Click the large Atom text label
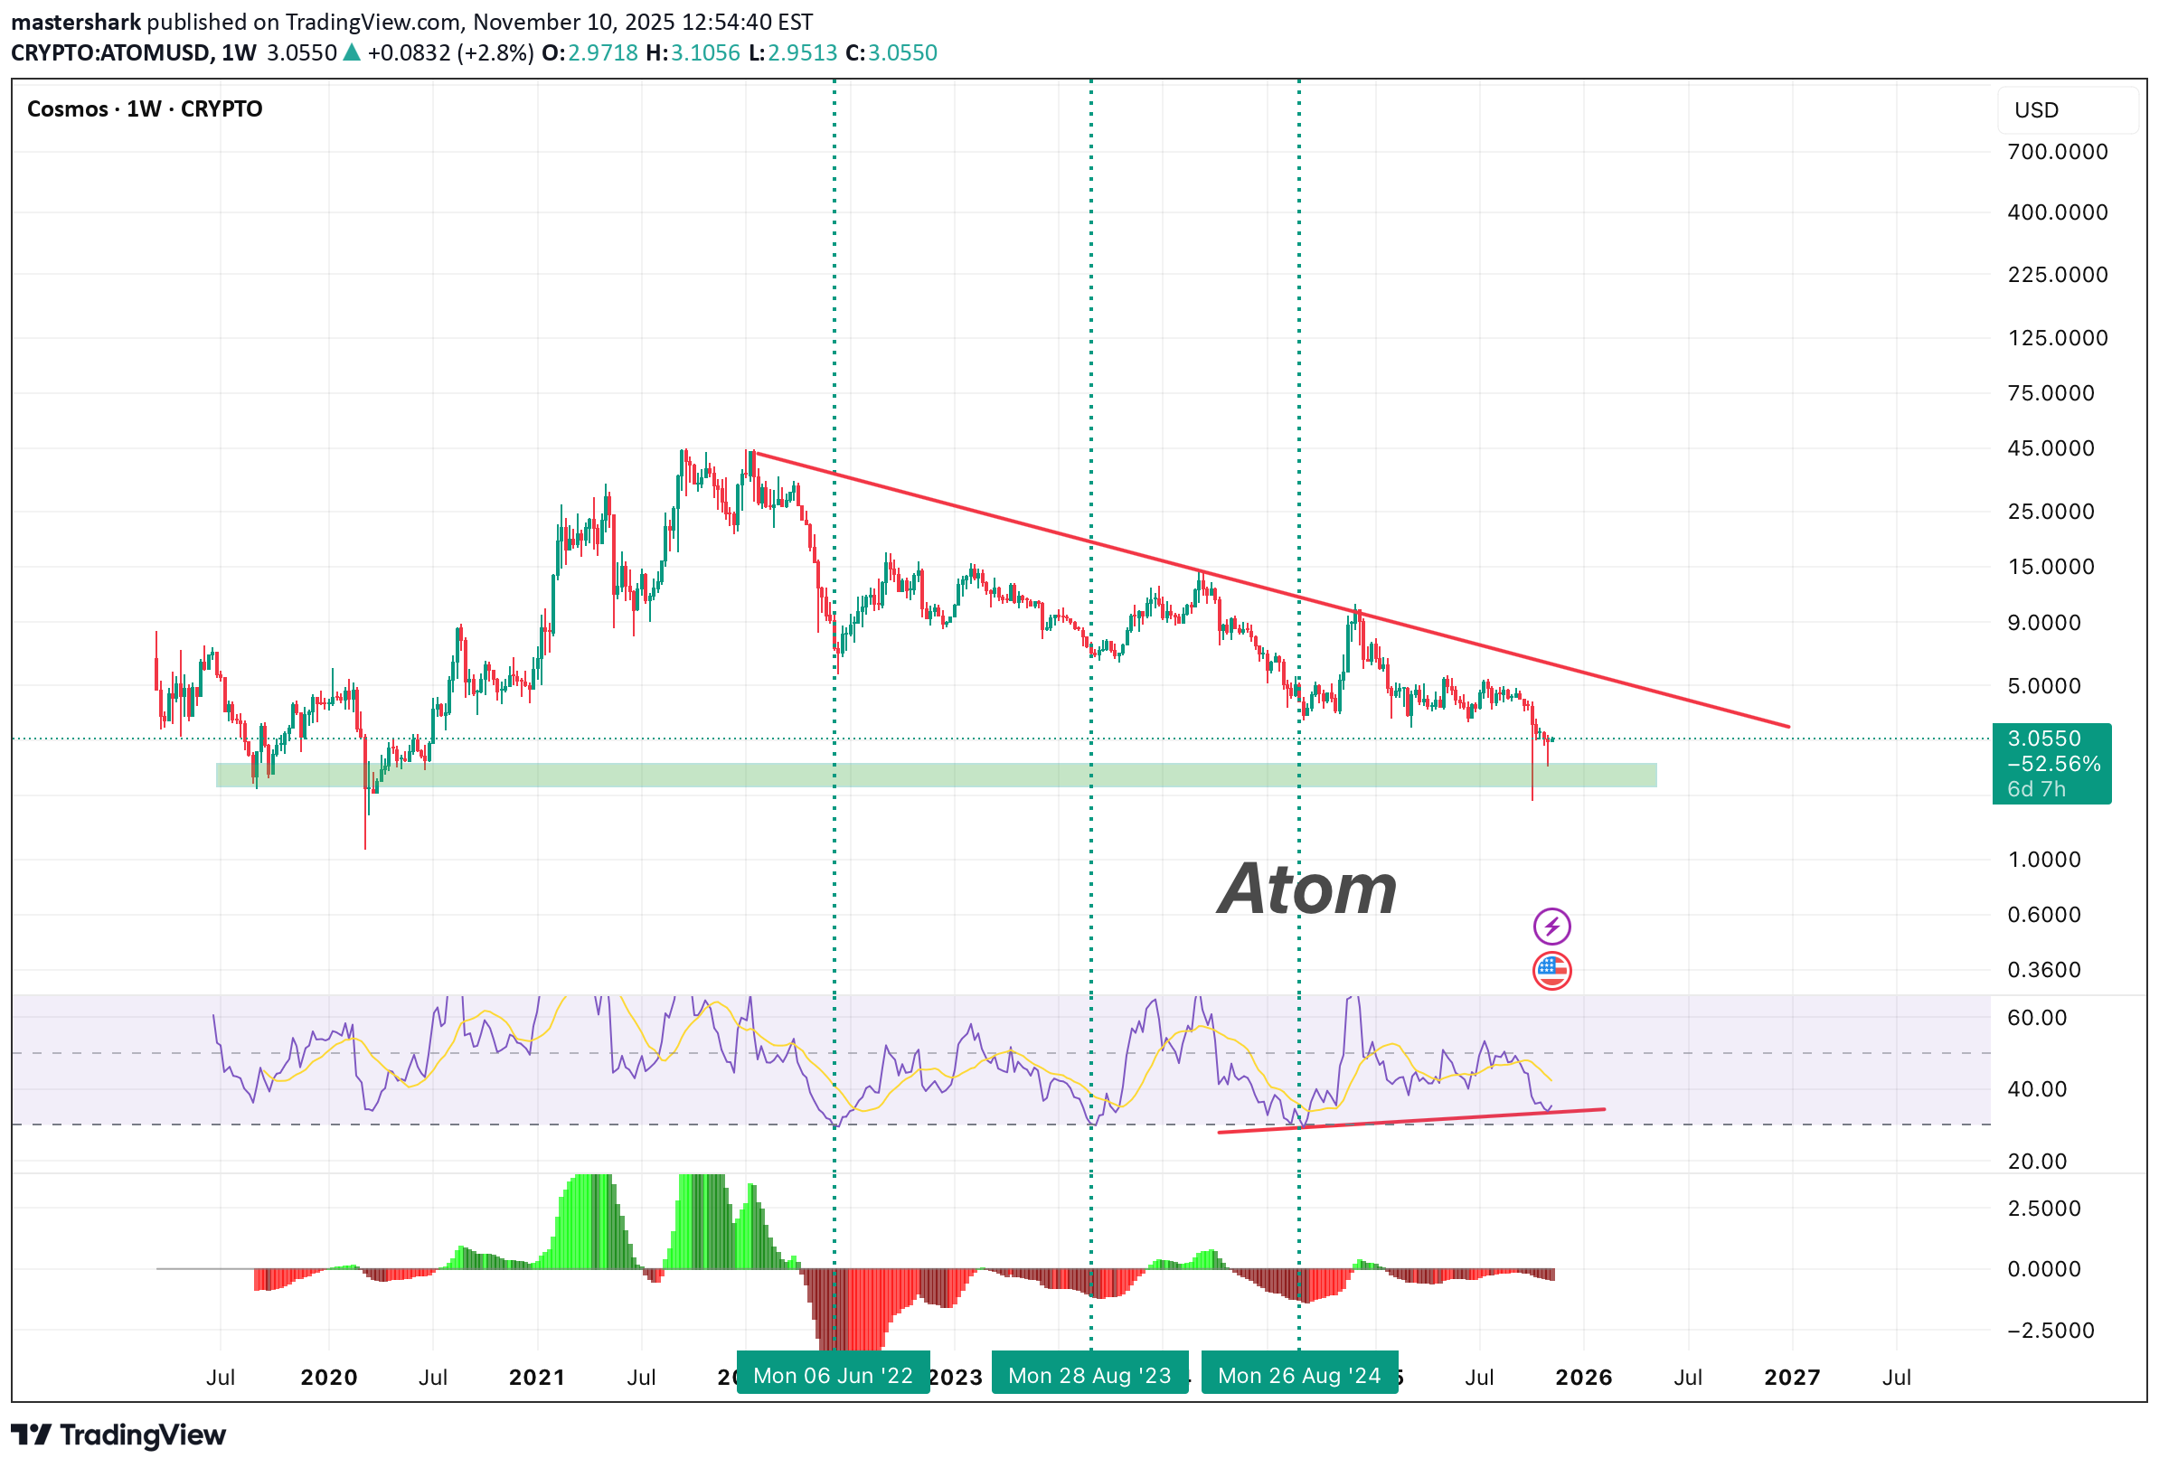point(1307,889)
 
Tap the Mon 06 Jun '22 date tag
point(833,1375)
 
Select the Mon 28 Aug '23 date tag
point(1089,1375)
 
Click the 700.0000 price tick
point(2057,152)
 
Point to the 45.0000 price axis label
point(2051,447)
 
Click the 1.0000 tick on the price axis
point(2044,860)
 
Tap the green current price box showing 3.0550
point(2051,763)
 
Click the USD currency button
point(2036,110)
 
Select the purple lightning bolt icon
point(1551,927)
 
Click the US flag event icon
point(1551,971)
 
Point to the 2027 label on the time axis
point(1791,1377)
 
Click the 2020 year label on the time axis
point(329,1377)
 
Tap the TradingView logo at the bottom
point(119,1435)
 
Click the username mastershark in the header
point(76,22)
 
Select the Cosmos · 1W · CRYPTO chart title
point(145,108)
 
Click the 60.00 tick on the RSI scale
point(2036,1017)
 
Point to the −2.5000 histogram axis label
point(2044,1331)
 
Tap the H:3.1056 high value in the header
point(693,53)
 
